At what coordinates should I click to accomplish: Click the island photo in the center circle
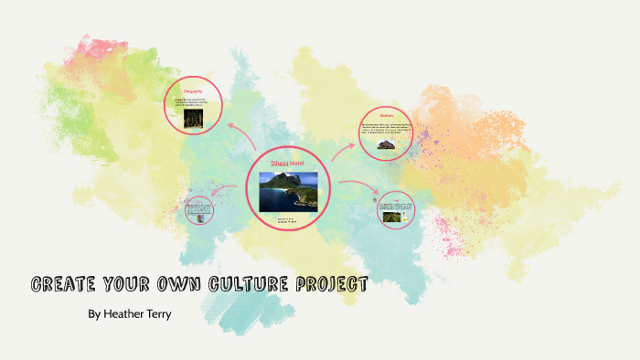[x=288, y=191]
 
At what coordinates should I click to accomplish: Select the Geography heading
[x=193, y=92]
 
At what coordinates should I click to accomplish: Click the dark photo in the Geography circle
[x=194, y=119]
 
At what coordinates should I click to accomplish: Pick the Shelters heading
[x=386, y=115]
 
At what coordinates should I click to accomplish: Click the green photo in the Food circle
[x=396, y=214]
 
